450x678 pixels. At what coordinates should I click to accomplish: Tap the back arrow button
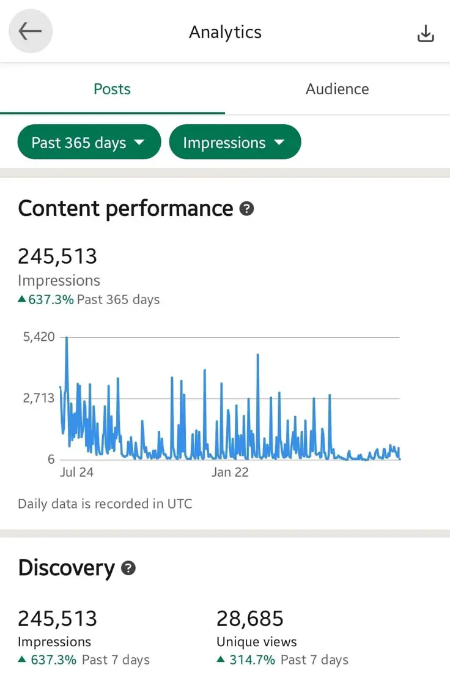(30, 32)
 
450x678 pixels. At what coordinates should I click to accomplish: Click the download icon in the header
(426, 34)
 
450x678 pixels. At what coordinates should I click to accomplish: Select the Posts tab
(112, 89)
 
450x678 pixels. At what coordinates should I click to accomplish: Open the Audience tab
(337, 89)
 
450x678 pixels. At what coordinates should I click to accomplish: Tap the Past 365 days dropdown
(89, 143)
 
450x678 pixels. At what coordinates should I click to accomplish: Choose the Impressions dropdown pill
(235, 143)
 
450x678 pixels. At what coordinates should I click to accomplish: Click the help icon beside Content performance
(246, 209)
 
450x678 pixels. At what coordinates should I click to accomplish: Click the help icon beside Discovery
(128, 568)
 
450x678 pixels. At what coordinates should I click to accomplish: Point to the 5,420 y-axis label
(39, 337)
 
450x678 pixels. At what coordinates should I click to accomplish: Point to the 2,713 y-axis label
(39, 398)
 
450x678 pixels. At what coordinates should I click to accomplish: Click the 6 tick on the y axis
(51, 460)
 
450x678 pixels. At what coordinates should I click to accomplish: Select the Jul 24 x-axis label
(76, 472)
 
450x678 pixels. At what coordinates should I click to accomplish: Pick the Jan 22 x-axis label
(230, 472)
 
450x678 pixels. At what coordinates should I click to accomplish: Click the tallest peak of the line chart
(67, 338)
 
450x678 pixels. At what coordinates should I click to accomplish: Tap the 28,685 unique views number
(250, 619)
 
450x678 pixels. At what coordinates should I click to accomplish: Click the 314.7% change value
(252, 660)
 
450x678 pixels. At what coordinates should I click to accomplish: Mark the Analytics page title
(225, 32)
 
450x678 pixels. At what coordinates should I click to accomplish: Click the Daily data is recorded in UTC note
(105, 504)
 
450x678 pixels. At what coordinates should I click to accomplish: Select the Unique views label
(257, 642)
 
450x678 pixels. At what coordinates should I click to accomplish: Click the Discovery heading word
(66, 568)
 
